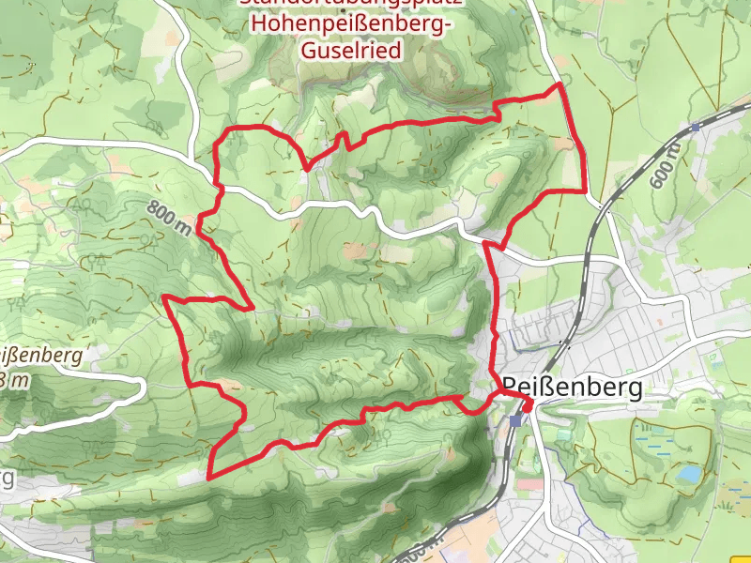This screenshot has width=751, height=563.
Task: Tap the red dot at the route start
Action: click(x=527, y=405)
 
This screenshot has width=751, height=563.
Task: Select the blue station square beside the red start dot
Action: click(x=515, y=420)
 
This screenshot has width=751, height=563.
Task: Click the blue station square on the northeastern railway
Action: click(x=695, y=127)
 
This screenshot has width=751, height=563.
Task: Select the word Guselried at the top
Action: click(x=351, y=51)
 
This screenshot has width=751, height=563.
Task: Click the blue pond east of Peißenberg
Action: click(x=690, y=475)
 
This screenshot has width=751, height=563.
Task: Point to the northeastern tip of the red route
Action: click(x=560, y=84)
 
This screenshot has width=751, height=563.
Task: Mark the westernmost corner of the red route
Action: click(x=165, y=297)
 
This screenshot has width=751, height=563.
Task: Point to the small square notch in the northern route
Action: click(x=343, y=140)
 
